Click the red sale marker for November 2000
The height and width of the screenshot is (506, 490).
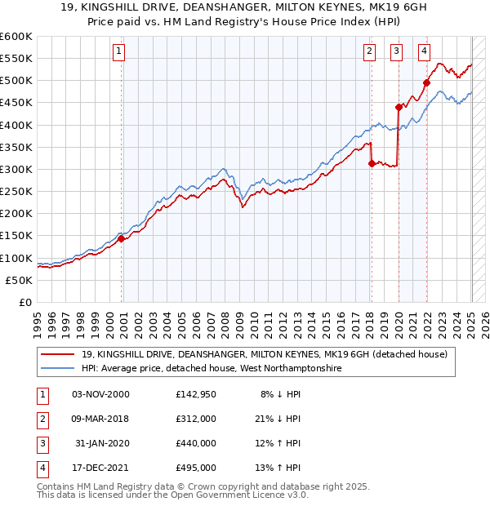[x=121, y=239]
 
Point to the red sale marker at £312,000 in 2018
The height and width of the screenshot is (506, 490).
[x=372, y=163]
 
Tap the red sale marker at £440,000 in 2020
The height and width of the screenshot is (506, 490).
[x=399, y=107]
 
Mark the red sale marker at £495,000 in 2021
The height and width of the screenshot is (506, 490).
[x=426, y=82]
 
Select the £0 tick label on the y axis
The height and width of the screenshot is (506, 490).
[x=25, y=302]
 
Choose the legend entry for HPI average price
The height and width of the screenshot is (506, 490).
[x=211, y=369]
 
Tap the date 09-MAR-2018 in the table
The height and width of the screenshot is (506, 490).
[x=100, y=419]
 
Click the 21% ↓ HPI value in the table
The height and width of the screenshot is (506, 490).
[x=280, y=419]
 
